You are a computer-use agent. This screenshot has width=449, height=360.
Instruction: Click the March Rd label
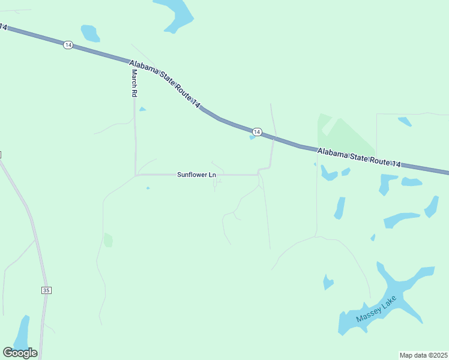tap(134, 83)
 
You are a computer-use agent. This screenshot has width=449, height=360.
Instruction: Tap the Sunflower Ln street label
tap(196, 175)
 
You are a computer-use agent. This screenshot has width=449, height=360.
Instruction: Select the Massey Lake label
tap(376, 310)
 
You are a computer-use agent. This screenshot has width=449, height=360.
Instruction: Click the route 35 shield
tap(47, 290)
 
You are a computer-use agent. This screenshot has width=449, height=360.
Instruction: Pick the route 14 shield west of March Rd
tap(68, 46)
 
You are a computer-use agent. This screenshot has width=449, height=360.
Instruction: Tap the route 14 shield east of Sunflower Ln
tap(257, 131)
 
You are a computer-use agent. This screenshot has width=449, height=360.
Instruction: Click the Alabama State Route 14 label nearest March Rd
tap(164, 84)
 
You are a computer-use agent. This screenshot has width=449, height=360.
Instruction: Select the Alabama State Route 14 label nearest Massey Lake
tap(358, 159)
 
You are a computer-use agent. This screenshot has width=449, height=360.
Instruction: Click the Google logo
tap(20, 352)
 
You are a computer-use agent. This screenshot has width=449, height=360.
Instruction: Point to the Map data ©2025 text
tap(423, 355)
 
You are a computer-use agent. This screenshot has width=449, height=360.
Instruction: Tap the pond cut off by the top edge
tap(175, 13)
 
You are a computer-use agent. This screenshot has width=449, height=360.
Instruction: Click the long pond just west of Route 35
tap(22, 334)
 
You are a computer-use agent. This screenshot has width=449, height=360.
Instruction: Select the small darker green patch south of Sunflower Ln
tap(108, 240)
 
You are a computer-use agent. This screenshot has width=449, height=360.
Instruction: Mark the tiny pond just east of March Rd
tap(142, 109)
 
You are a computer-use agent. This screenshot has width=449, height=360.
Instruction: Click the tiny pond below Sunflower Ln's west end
tap(148, 188)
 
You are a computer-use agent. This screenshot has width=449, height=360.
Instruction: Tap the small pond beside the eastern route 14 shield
tap(252, 137)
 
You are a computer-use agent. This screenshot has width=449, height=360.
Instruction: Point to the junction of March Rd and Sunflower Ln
tap(136, 175)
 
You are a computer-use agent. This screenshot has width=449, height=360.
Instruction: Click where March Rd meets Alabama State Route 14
tap(133, 62)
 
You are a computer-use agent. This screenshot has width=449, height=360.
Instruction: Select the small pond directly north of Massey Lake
tap(327, 281)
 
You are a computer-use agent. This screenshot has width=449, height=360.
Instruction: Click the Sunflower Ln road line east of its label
tap(240, 175)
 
